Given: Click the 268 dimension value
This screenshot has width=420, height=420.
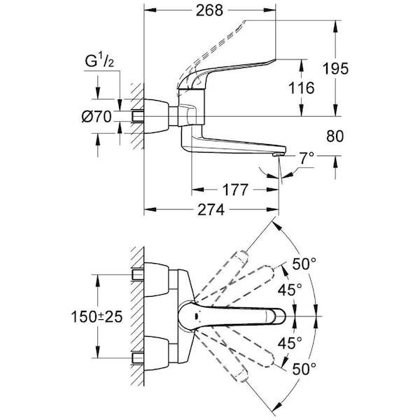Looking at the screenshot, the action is [209, 10].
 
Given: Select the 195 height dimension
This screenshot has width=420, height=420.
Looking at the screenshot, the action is [335, 69].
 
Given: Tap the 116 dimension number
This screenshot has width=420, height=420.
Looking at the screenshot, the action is [301, 88].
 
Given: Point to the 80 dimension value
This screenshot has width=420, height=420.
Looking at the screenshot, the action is [335, 136].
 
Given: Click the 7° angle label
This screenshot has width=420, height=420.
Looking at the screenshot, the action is [307, 158].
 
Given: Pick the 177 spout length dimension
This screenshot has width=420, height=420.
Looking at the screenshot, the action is [236, 190].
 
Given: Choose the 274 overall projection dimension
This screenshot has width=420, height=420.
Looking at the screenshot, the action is [211, 210].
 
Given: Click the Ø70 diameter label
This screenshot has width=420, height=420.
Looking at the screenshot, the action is [97, 117].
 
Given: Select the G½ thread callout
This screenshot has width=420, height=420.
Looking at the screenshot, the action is [99, 62].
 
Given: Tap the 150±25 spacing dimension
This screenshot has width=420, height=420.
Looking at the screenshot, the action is [97, 316].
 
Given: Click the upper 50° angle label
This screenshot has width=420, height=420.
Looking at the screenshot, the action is [304, 264].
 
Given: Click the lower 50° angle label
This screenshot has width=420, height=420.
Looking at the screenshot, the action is [304, 369].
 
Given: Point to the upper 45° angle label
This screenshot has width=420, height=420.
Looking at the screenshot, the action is [290, 290].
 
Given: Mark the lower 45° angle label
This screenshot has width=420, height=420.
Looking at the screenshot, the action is [290, 343].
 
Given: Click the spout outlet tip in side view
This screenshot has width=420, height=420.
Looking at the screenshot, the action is [279, 154].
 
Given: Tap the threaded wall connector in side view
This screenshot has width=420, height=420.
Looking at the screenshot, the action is [138, 116].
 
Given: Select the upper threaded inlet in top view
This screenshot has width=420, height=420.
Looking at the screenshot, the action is [138, 274].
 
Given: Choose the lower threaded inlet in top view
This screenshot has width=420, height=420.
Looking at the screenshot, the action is [138, 358].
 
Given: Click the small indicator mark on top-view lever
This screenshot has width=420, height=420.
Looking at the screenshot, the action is [197, 316].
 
